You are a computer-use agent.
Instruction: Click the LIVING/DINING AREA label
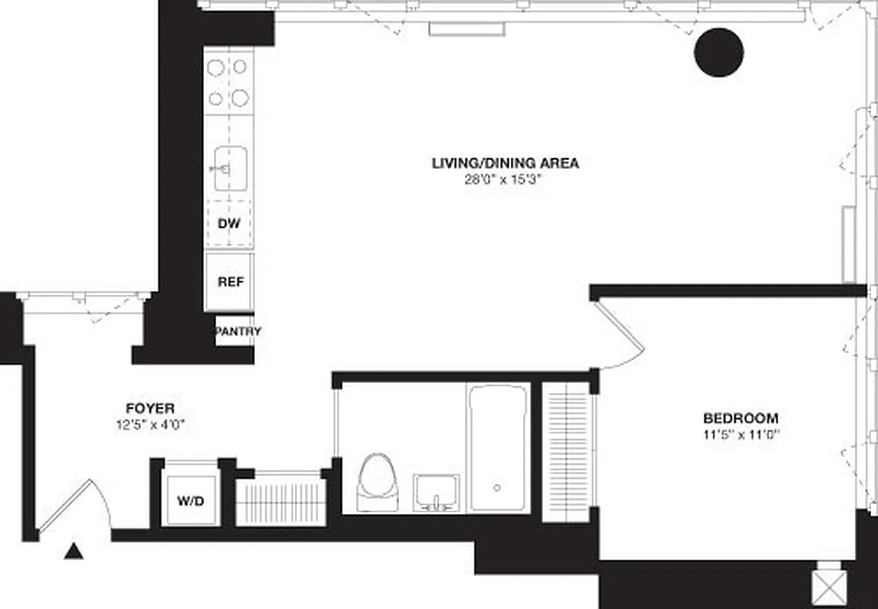pyautogui.click(x=505, y=163)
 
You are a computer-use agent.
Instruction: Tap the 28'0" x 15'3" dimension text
pyautogui.click(x=505, y=180)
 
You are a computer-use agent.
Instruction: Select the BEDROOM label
pyautogui.click(x=740, y=419)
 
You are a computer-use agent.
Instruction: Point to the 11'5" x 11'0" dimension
pyautogui.click(x=740, y=435)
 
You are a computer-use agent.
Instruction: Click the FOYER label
pyautogui.click(x=150, y=409)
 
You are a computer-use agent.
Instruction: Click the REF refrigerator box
pyautogui.click(x=230, y=282)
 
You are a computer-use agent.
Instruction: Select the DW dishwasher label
pyautogui.click(x=229, y=224)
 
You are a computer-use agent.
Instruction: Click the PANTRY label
pyautogui.click(x=238, y=332)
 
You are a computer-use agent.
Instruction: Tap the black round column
pyautogui.click(x=719, y=52)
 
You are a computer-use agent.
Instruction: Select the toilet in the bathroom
pyautogui.click(x=378, y=482)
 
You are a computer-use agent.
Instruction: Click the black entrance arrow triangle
pyautogui.click(x=73, y=550)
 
